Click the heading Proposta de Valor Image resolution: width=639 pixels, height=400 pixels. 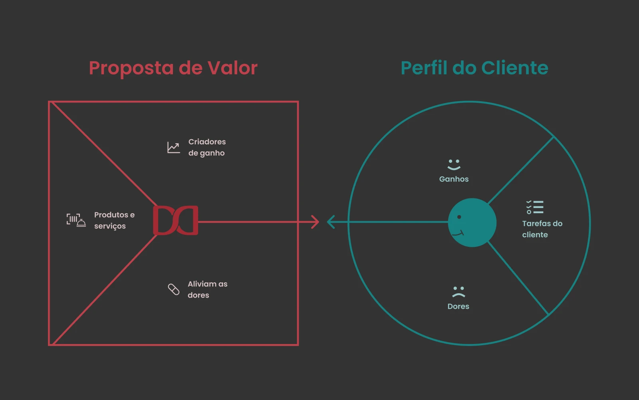coord(173,68)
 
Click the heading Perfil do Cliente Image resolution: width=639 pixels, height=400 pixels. coord(474,68)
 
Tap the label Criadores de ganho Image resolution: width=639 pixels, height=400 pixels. coord(207,148)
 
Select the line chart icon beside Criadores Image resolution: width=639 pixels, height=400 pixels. coord(173,148)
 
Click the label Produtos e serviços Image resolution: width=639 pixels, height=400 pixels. coord(114,220)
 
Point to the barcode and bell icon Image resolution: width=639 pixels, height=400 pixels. coord(76,220)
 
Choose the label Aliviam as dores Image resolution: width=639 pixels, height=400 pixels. coord(207,290)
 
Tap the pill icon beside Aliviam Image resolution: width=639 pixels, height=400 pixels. coord(174,289)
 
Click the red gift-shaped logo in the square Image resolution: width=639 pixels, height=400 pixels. coord(175,220)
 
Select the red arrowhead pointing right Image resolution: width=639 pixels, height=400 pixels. coord(315,222)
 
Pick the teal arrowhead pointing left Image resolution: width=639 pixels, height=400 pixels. coord(331,222)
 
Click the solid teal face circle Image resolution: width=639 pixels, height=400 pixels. coord(472,222)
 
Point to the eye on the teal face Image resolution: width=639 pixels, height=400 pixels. coord(459,217)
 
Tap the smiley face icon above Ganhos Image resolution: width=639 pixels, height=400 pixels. coord(454,164)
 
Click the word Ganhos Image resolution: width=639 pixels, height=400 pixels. coord(454,179)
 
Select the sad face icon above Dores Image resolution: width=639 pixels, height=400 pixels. coord(458,292)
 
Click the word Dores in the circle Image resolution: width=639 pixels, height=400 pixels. coord(458,306)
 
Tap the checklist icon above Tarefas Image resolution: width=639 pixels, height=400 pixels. coord(535,207)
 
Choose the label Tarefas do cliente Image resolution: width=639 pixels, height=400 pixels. coord(542,229)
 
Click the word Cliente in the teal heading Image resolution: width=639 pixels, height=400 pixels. coord(515,68)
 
